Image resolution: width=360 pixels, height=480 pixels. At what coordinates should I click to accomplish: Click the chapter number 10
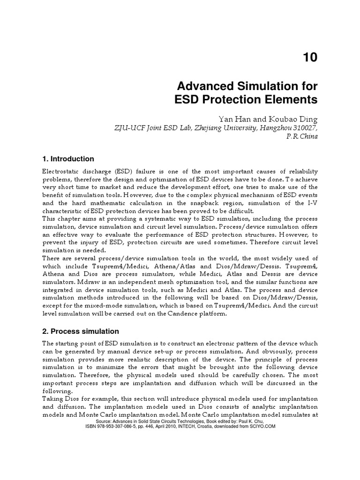point(309,57)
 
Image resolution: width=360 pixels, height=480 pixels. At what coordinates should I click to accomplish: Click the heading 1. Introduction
point(68,159)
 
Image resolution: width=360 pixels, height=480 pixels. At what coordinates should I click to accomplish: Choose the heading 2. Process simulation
point(81,331)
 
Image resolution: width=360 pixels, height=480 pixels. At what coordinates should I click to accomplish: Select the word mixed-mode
point(99,306)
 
